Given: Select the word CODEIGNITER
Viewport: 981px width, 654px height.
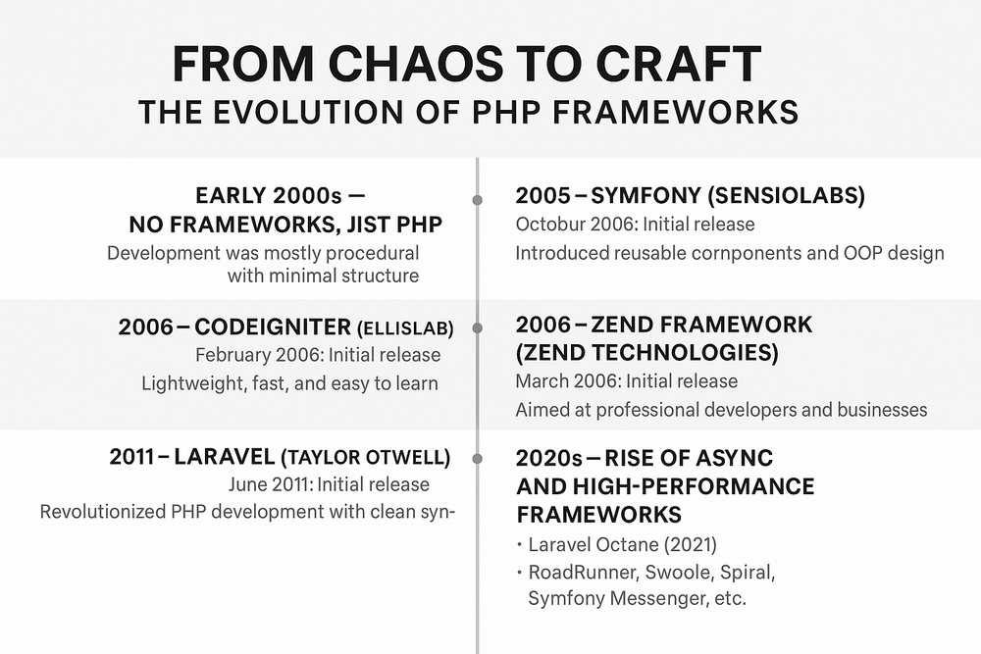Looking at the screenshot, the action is (x=273, y=327).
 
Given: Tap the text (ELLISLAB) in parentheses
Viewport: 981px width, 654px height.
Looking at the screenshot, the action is (x=405, y=328).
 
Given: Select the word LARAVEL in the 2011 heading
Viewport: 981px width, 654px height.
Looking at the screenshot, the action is (x=224, y=457).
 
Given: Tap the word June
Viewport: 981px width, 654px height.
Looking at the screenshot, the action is (x=248, y=484).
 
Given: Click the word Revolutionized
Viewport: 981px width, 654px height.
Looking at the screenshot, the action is (x=103, y=512).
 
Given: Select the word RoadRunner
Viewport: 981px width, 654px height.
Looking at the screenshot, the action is (x=584, y=572).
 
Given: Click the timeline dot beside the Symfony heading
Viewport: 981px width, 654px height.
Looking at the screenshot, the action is (x=478, y=200).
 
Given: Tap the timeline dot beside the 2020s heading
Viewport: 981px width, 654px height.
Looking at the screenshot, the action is (x=478, y=459).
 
